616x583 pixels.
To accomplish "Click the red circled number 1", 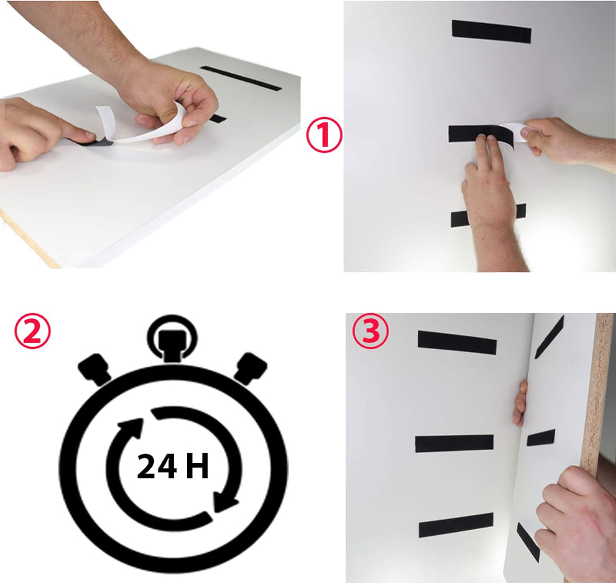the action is pos(324,135).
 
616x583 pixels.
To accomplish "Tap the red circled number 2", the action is pos(32,332).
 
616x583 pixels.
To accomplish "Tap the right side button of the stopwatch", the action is pos(251,368).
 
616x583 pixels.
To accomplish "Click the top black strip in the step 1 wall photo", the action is pos(491,32).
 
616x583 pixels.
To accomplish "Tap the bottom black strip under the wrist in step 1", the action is pos(488,215).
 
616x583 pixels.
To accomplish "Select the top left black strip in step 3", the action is pos(457,343).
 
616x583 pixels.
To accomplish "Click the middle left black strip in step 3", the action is pos(454,444).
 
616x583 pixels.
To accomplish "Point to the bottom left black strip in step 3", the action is pos(456,525).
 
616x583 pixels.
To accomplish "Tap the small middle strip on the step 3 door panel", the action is pos(541,438).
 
